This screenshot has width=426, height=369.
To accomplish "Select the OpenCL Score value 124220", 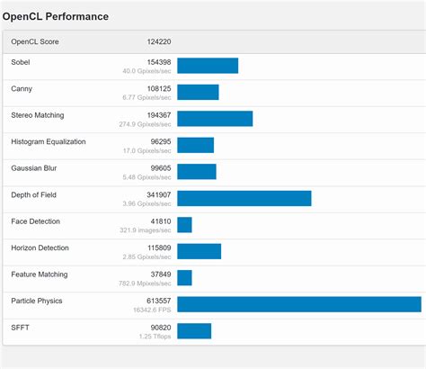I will pyautogui.click(x=159, y=42).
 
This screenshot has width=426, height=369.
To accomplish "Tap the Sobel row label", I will pyautogui.click(x=20, y=62).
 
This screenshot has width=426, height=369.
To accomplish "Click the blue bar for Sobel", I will pyautogui.click(x=208, y=66).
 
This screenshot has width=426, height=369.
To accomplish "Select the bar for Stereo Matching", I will pyautogui.click(x=215, y=119).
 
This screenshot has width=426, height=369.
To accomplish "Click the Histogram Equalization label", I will pyautogui.click(x=48, y=141).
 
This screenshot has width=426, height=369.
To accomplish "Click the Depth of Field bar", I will pyautogui.click(x=244, y=198).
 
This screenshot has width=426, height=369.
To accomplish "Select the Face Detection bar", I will pyautogui.click(x=184, y=225).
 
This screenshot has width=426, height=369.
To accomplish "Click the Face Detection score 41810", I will pyautogui.click(x=159, y=220).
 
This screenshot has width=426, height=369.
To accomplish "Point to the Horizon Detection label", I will pyautogui.click(x=40, y=247).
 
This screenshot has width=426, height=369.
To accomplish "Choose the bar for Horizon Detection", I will pyautogui.click(x=199, y=251).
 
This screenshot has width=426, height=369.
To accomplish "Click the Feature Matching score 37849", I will pyautogui.click(x=159, y=274).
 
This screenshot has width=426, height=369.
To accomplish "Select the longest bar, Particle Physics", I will pyautogui.click(x=298, y=304).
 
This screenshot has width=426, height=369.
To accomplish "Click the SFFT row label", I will pyautogui.click(x=20, y=327).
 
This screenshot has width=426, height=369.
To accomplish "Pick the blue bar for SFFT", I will pyautogui.click(x=194, y=330).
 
